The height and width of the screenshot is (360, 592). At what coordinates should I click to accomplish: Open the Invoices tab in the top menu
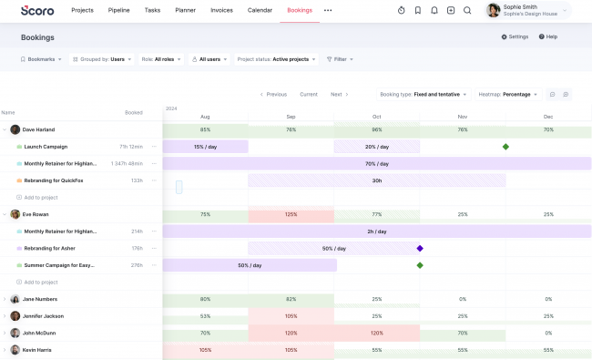(222, 10)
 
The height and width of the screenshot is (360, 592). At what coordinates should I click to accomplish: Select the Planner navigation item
(185, 10)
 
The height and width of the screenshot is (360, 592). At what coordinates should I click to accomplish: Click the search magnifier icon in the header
(467, 10)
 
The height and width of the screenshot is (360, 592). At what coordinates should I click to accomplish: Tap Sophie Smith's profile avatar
(494, 10)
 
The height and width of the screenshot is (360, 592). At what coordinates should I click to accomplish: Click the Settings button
(515, 36)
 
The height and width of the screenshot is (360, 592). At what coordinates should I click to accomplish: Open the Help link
(548, 36)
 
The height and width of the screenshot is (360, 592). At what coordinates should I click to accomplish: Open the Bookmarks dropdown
(42, 59)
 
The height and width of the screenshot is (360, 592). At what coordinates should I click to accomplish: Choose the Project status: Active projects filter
(277, 59)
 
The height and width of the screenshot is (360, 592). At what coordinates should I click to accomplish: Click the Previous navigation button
(273, 94)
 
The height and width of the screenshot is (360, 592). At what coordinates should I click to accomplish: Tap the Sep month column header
(291, 117)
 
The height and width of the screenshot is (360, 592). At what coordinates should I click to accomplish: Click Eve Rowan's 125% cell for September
(291, 214)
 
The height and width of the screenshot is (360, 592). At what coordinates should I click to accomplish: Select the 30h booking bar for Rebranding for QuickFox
(376, 180)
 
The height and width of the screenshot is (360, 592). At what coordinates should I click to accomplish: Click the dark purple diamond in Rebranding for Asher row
(420, 248)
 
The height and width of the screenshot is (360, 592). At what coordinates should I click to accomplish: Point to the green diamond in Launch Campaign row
(505, 147)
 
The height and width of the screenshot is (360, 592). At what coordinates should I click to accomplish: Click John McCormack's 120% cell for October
(377, 333)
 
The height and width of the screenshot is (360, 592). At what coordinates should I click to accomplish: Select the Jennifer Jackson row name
(43, 315)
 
